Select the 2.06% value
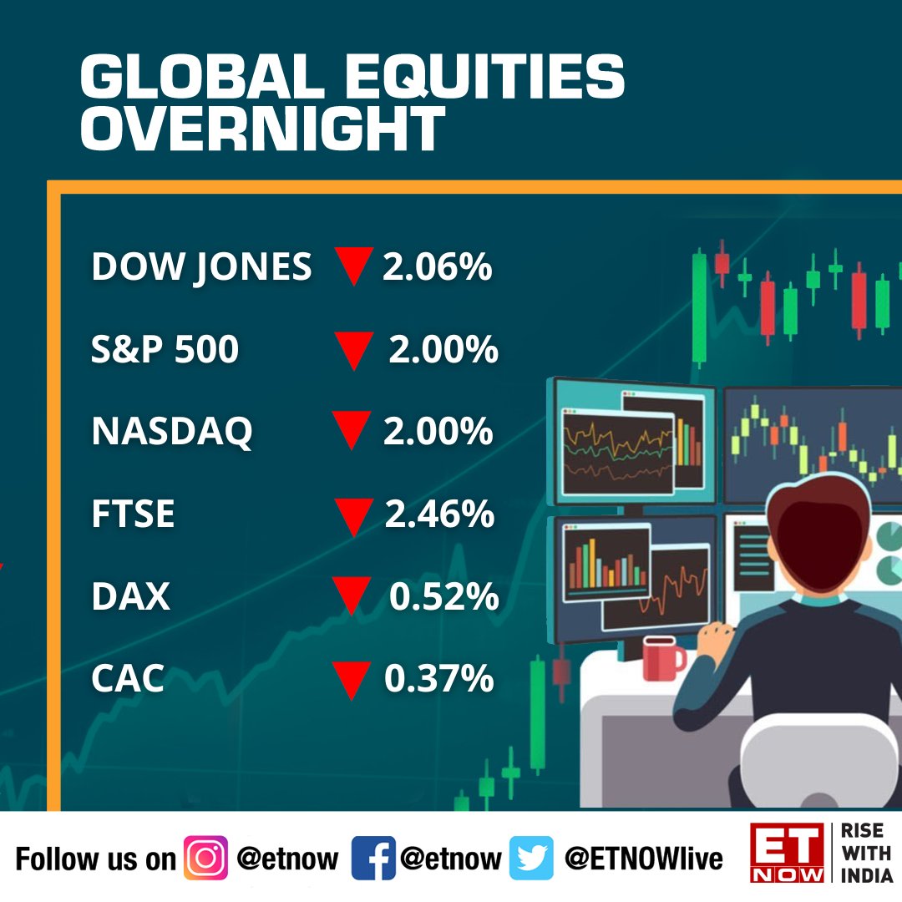(437, 267)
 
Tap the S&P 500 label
(165, 350)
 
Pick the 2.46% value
(439, 514)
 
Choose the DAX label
(130, 596)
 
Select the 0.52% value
(443, 596)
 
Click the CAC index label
(128, 679)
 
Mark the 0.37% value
(438, 679)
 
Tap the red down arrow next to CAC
(351, 679)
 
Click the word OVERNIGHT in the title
(261, 129)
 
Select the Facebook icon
(372, 858)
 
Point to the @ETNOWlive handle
(643, 858)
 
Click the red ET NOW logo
(787, 852)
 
